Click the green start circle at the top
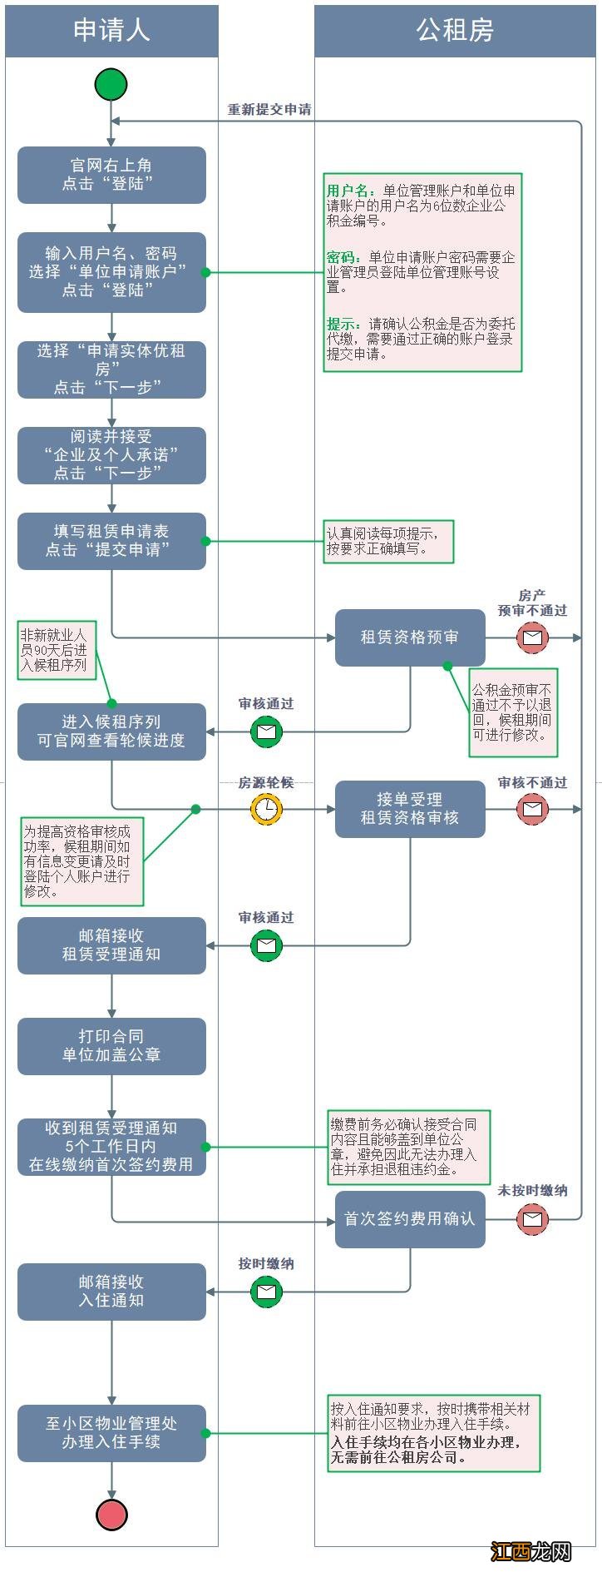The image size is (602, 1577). (x=111, y=85)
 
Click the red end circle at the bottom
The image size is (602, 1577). (x=111, y=1515)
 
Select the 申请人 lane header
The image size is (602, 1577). (x=111, y=31)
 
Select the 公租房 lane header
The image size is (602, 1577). (x=455, y=31)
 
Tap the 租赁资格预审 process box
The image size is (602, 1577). (x=410, y=637)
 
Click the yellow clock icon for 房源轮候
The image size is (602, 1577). (x=266, y=809)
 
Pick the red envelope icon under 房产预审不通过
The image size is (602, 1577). (x=532, y=638)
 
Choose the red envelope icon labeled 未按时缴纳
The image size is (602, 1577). (x=532, y=1219)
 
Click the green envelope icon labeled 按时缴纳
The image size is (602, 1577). (x=266, y=1292)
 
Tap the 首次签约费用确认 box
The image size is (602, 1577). (x=410, y=1219)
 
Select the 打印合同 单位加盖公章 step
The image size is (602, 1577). (x=111, y=1046)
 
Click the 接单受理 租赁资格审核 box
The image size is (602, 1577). (x=410, y=809)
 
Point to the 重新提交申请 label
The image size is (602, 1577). (x=269, y=110)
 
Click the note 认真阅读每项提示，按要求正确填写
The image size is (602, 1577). (x=388, y=542)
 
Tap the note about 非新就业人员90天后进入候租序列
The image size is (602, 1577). (x=56, y=650)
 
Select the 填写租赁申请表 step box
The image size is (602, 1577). (x=111, y=541)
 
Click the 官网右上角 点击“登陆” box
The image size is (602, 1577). (x=111, y=175)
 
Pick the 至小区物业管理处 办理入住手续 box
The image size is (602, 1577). (x=111, y=1433)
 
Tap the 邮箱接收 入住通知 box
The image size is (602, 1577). (x=111, y=1292)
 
